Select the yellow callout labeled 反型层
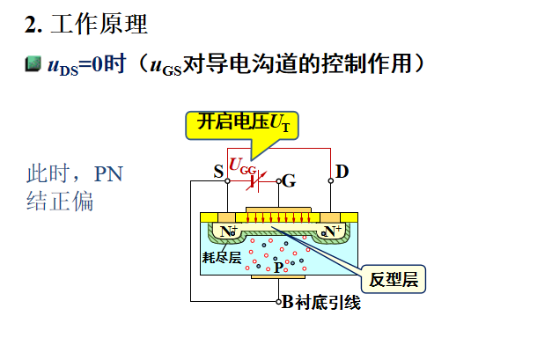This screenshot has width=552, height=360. (x=392, y=280)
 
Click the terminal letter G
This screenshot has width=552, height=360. (x=290, y=181)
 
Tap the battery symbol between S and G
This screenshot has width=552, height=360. (x=255, y=181)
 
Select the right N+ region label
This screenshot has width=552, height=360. (x=332, y=231)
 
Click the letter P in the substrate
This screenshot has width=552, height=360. (x=278, y=266)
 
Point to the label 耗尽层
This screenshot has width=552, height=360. (x=221, y=257)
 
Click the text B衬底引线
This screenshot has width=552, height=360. (x=321, y=302)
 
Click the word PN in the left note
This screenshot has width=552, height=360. (x=109, y=174)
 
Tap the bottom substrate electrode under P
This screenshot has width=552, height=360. (x=278, y=277)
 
